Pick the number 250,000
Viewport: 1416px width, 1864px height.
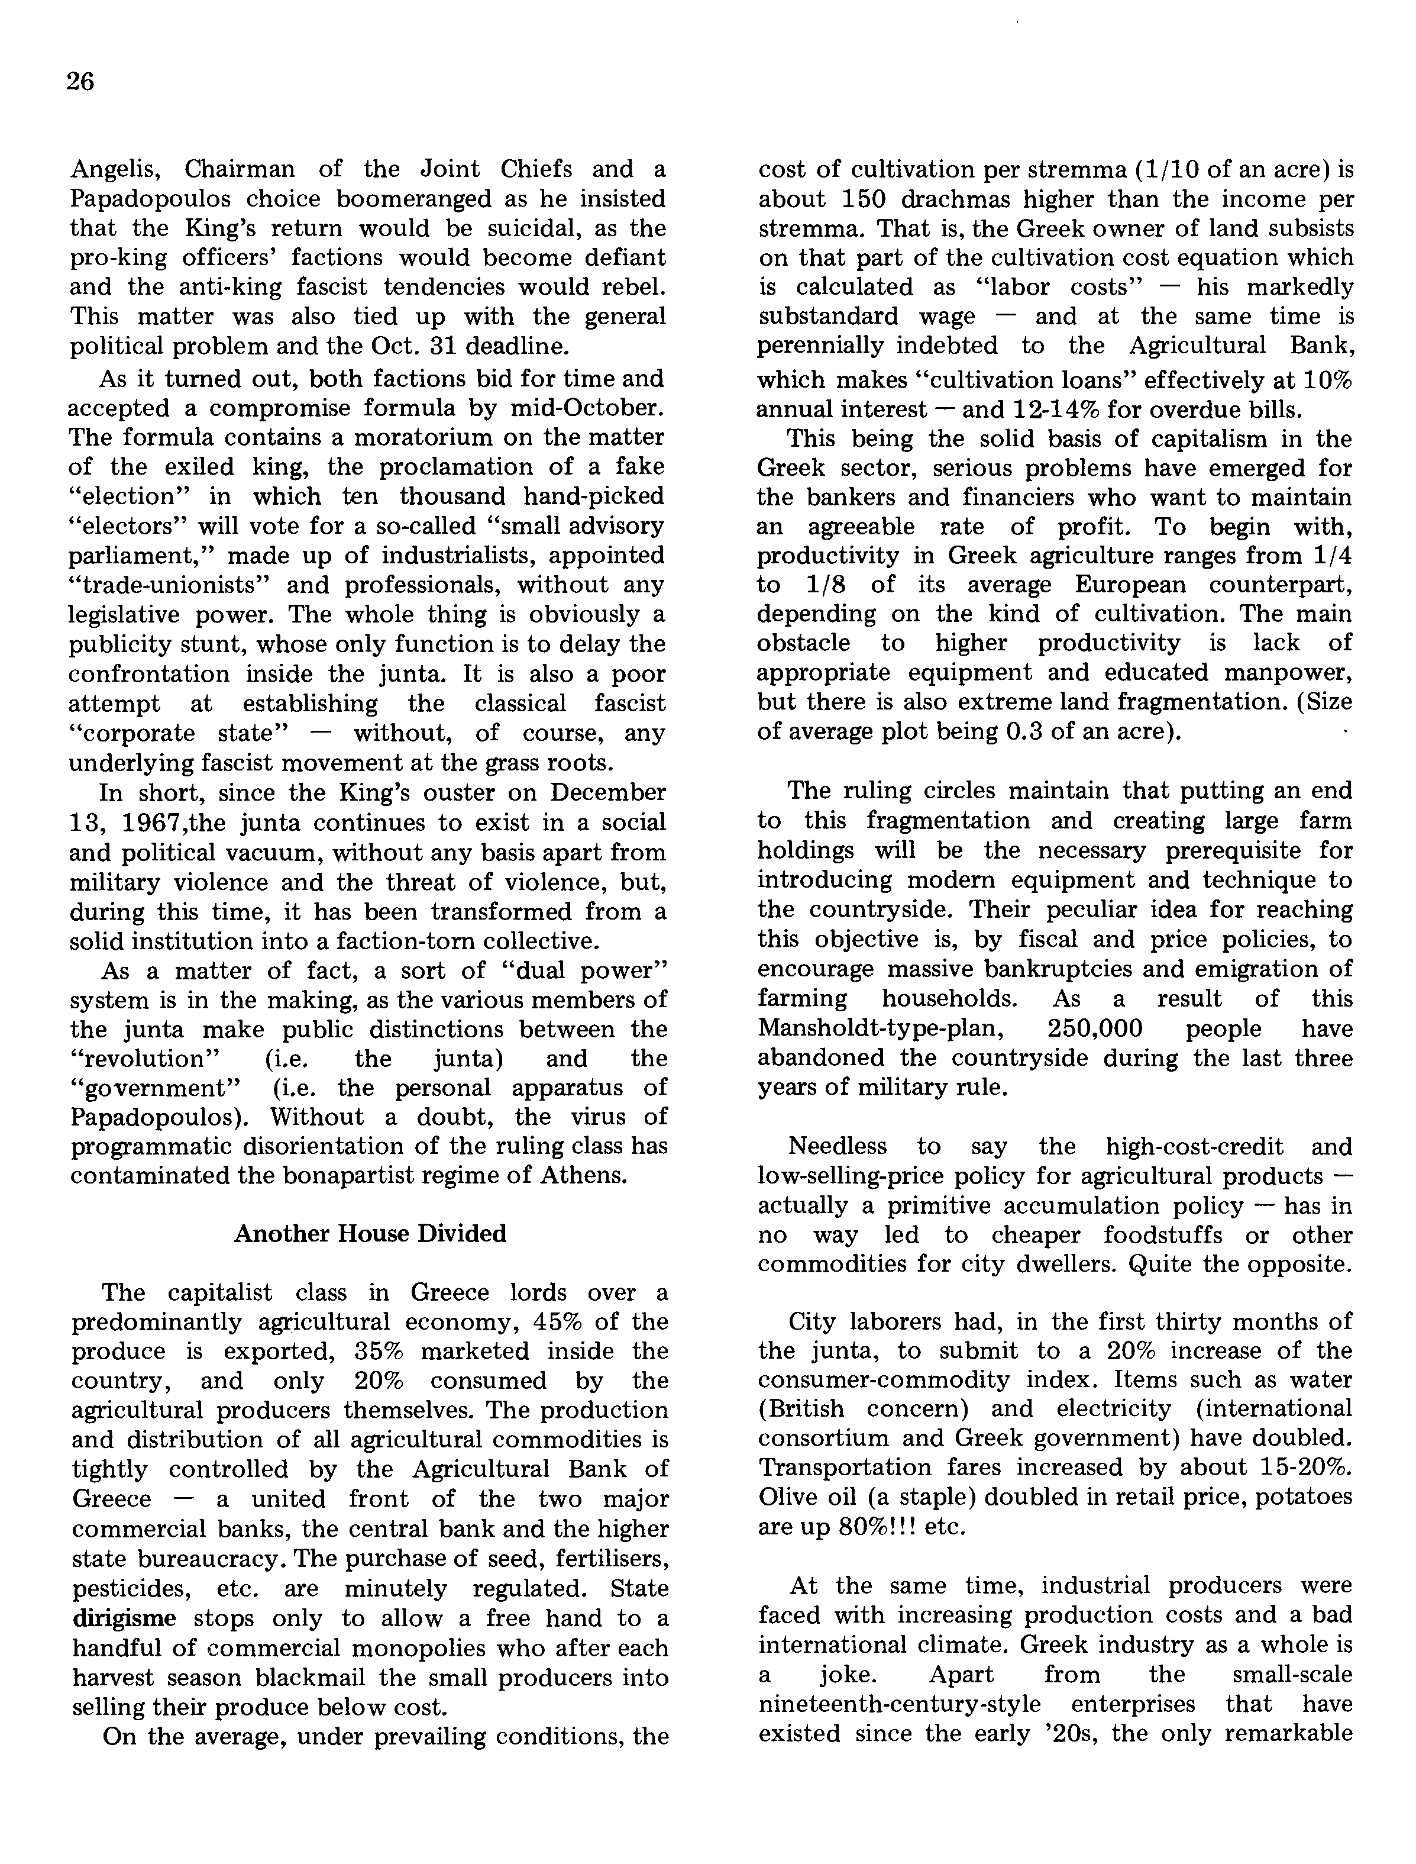(1095, 1028)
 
